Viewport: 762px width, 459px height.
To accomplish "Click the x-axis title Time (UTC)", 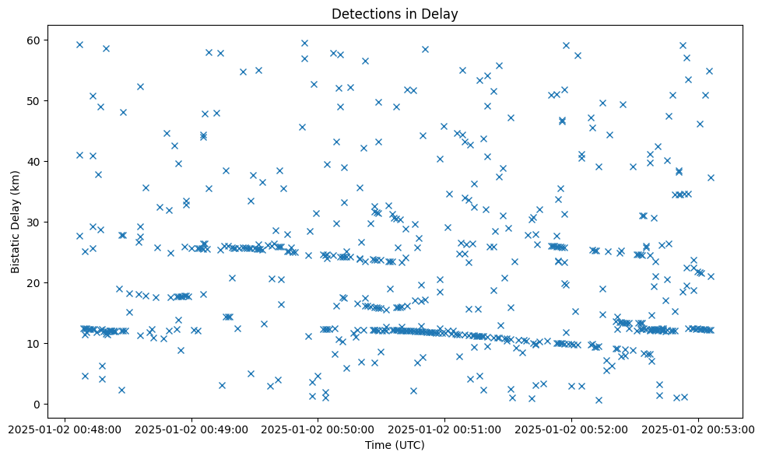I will pyautogui.click(x=395, y=445).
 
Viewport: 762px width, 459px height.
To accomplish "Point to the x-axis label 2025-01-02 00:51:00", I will pyautogui.click(x=444, y=429).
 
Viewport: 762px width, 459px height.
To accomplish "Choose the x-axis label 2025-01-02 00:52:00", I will pyautogui.click(x=571, y=429).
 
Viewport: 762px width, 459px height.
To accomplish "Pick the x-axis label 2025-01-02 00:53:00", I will pyautogui.click(x=698, y=429).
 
